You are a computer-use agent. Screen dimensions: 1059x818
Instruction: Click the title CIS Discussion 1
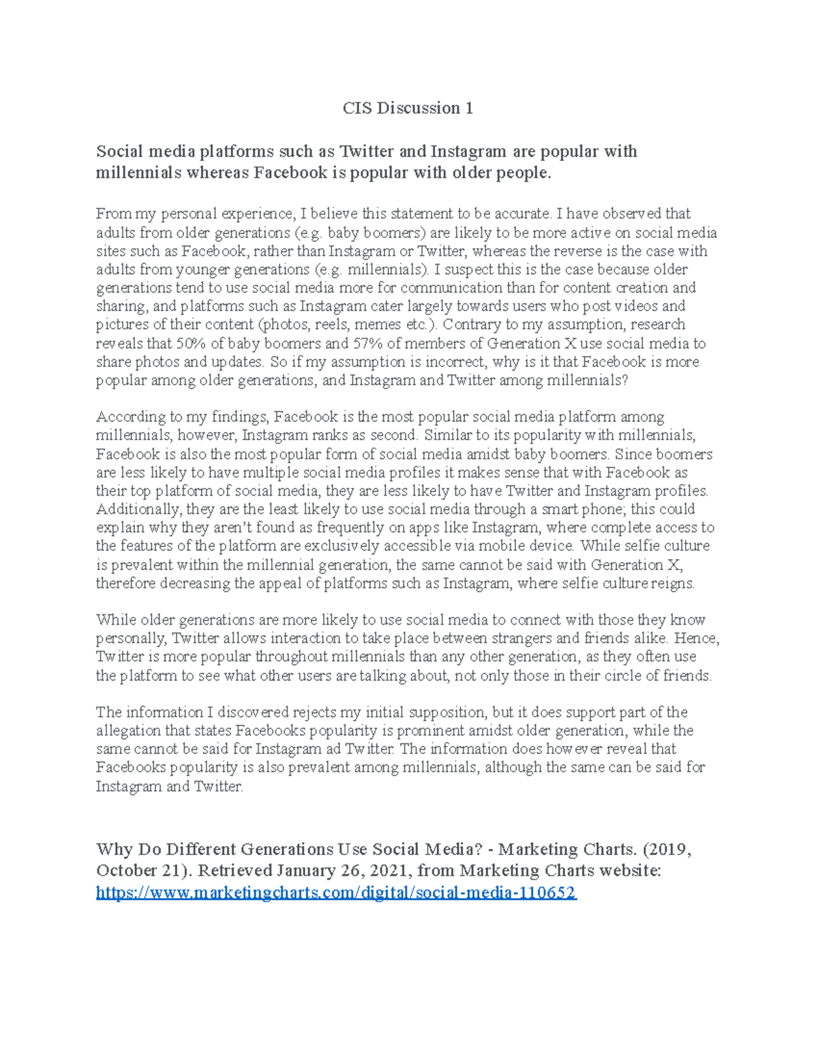[408, 108]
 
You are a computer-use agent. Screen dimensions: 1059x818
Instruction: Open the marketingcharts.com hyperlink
[336, 893]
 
